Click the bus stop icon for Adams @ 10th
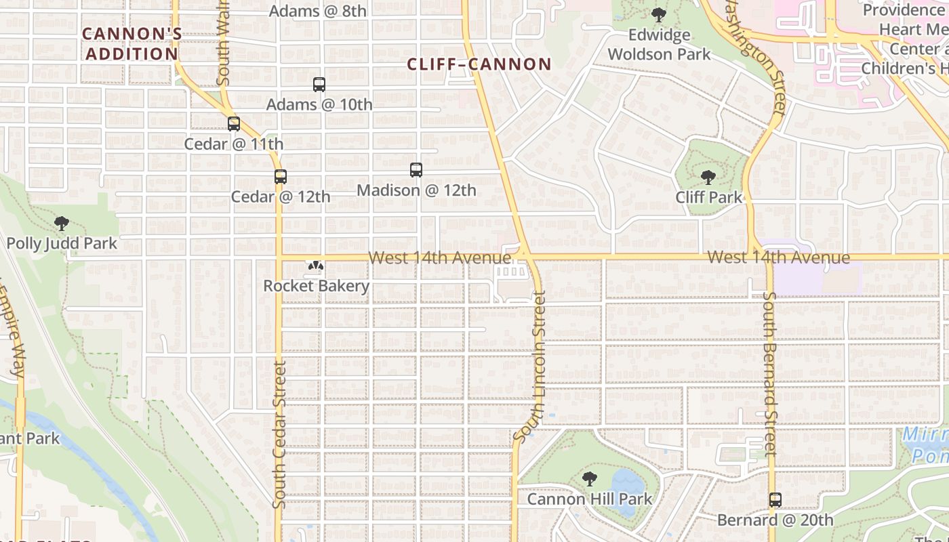pos(319,85)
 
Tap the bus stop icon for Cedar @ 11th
pos(234,124)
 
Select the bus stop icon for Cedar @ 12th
pos(281,177)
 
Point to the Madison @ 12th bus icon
pos(416,170)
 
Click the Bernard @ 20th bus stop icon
pos(775,500)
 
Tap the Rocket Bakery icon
pos(315,266)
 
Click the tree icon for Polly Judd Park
pos(62,223)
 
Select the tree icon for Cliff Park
pos(708,178)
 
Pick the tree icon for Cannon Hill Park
pos(590,479)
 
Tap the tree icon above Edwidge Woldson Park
pos(658,14)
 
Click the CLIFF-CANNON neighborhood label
pos(479,64)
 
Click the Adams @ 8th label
pos(318,11)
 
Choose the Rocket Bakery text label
pos(317,286)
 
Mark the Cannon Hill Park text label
pos(590,499)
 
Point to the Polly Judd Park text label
pos(62,243)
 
